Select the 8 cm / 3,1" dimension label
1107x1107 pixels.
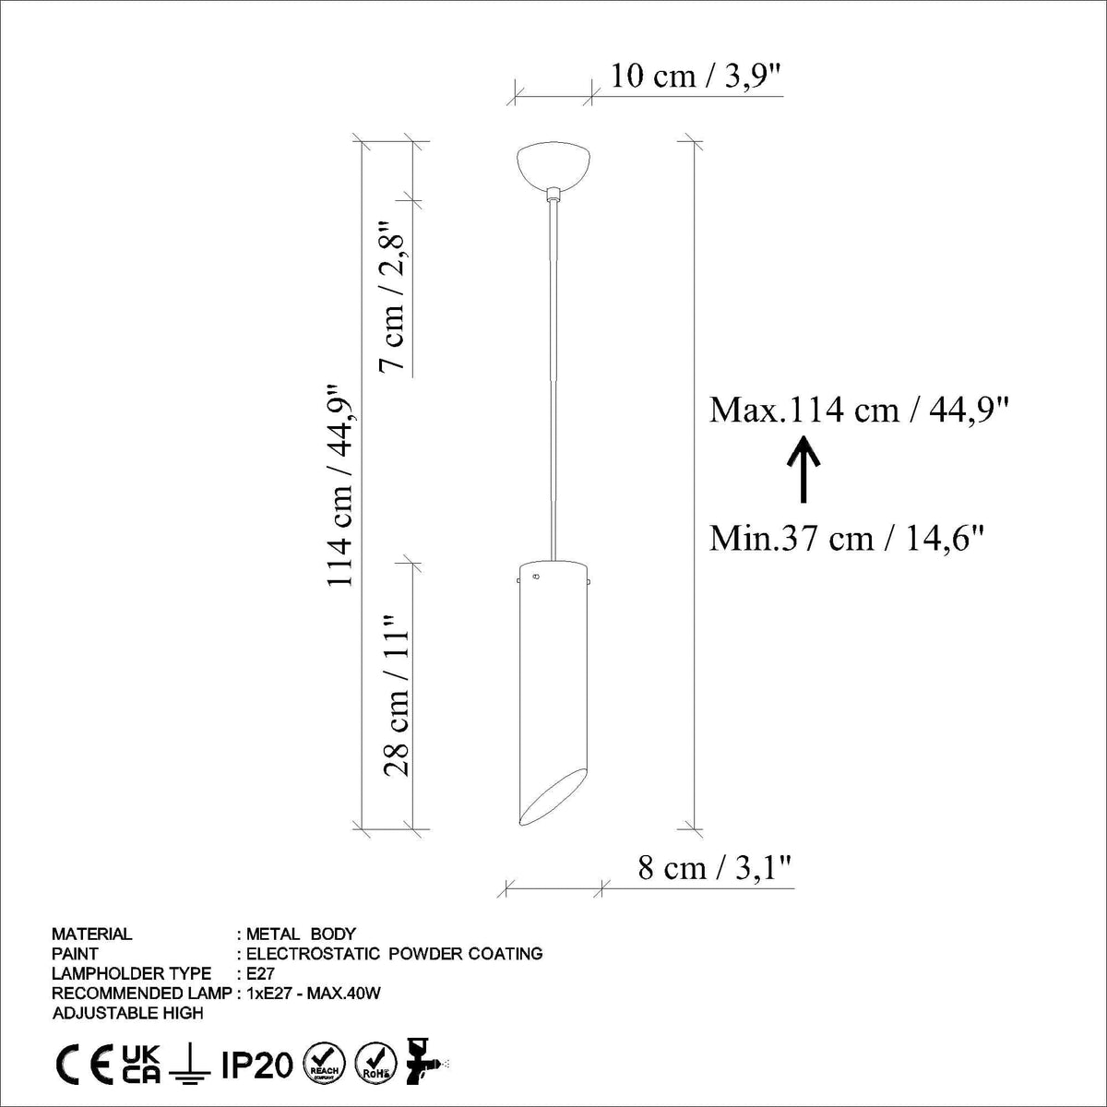pos(715,868)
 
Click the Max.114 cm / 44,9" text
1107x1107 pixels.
pos(859,409)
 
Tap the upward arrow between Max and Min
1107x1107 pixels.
pos(803,470)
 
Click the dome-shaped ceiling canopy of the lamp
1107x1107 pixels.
pos(553,165)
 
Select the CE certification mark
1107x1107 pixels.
pos(84,1064)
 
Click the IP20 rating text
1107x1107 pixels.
pos(257,1065)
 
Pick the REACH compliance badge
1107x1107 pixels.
pos(324,1063)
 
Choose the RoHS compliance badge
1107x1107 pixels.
pos(375,1063)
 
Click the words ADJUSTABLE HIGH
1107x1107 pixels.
pos(127,1013)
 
